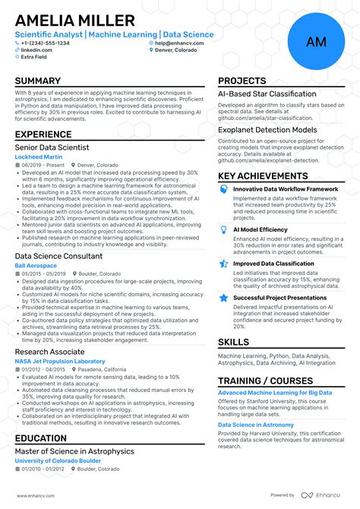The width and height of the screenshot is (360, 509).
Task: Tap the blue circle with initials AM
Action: (316, 42)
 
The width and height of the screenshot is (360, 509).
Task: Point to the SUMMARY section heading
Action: (38, 81)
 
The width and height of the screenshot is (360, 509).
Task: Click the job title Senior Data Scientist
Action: (52, 147)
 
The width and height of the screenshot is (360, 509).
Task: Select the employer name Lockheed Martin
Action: (39, 157)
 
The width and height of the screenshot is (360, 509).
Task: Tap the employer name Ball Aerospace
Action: (36, 266)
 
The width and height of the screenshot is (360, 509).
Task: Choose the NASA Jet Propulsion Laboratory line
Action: (60, 362)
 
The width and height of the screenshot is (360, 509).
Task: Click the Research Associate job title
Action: (50, 352)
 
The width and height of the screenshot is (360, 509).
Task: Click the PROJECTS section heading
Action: (242, 81)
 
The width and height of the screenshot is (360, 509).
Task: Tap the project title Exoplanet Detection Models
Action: (267, 130)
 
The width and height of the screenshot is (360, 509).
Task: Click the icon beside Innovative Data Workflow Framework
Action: (223, 189)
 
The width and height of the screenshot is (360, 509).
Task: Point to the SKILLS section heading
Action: (233, 343)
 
